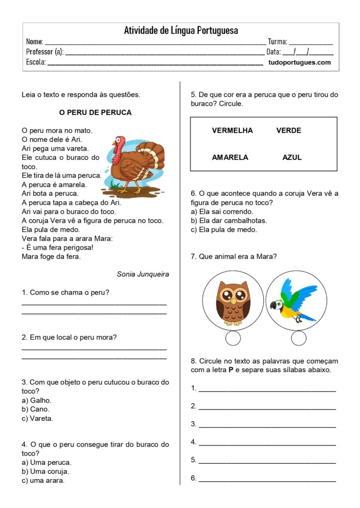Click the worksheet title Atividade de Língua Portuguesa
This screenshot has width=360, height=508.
click(x=181, y=30)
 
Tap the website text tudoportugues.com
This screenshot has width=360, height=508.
click(x=299, y=63)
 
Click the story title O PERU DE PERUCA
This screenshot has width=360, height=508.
click(x=95, y=113)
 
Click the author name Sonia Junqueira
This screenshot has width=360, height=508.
click(x=143, y=274)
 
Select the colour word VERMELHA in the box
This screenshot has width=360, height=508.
click(x=232, y=130)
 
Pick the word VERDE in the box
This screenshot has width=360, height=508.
click(x=288, y=130)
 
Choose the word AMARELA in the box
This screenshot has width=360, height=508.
click(x=230, y=157)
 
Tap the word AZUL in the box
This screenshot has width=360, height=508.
click(x=292, y=157)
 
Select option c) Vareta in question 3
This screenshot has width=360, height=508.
click(x=38, y=418)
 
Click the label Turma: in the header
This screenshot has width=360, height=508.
click(x=278, y=42)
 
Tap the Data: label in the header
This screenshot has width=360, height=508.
click(x=274, y=52)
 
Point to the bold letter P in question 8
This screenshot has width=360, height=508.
click(x=231, y=370)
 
